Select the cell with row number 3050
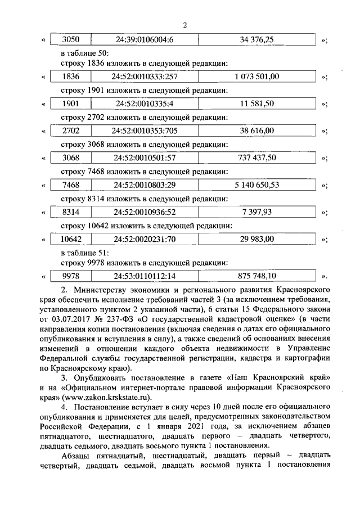pyautogui.click(x=70, y=40)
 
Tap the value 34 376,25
pyautogui.click(x=256, y=40)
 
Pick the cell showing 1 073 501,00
pyautogui.click(x=256, y=76)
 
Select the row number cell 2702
pyautogui.click(x=70, y=131)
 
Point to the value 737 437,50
pyautogui.click(x=256, y=158)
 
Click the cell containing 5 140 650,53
pyautogui.click(x=256, y=185)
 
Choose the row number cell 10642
pyautogui.click(x=70, y=239)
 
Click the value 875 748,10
pyautogui.click(x=256, y=276)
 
